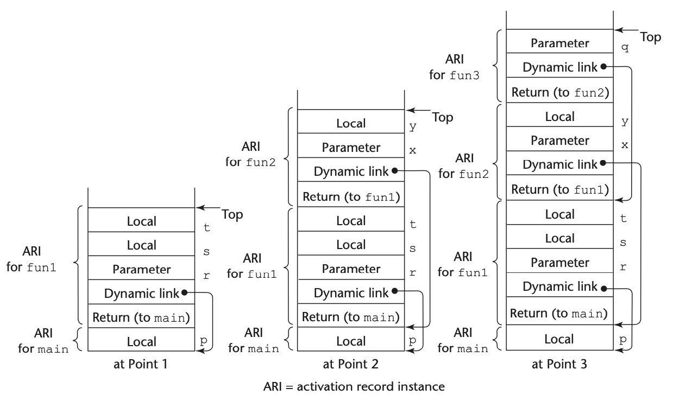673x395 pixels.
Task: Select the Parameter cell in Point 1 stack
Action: pyautogui.click(x=141, y=269)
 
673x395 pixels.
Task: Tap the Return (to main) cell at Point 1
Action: pyautogui.click(x=141, y=316)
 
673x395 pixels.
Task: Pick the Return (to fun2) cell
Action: pyautogui.click(x=559, y=92)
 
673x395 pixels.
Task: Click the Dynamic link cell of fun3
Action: pyautogui.click(x=559, y=68)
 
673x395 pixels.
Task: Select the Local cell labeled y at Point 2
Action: pyautogui.click(x=351, y=123)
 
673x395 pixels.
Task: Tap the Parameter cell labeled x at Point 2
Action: pyautogui.click(x=351, y=147)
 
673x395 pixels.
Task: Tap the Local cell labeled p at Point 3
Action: pyautogui.click(x=559, y=339)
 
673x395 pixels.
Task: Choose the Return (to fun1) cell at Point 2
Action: pyautogui.click(x=351, y=196)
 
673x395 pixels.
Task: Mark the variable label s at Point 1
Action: pyautogui.click(x=206, y=252)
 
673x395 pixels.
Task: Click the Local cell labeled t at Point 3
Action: pyautogui.click(x=559, y=214)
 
